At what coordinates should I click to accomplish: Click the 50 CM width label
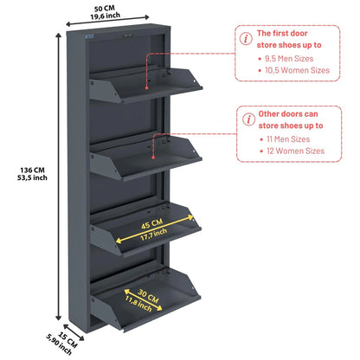click(104, 9)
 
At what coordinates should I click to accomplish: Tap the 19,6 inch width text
click(106, 16)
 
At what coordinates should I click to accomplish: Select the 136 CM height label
click(32, 170)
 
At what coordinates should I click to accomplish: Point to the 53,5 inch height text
click(32, 177)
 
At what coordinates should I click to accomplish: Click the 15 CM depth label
click(68, 339)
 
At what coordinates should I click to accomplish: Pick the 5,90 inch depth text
click(59, 344)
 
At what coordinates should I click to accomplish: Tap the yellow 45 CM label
click(151, 224)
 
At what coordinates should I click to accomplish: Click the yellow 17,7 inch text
click(154, 235)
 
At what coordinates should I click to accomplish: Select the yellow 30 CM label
click(148, 296)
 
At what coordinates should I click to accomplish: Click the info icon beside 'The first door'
click(246, 38)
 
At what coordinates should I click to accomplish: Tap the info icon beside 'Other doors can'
click(248, 119)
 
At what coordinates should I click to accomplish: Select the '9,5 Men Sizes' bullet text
click(289, 59)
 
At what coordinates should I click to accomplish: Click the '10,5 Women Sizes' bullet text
click(297, 70)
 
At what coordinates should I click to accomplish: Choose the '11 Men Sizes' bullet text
click(288, 139)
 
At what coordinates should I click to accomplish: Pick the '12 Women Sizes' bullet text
click(295, 151)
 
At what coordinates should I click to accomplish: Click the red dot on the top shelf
click(146, 87)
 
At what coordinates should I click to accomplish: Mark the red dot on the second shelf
click(153, 157)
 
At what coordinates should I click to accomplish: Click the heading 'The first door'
click(282, 34)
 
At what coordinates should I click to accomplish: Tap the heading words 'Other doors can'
click(288, 114)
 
